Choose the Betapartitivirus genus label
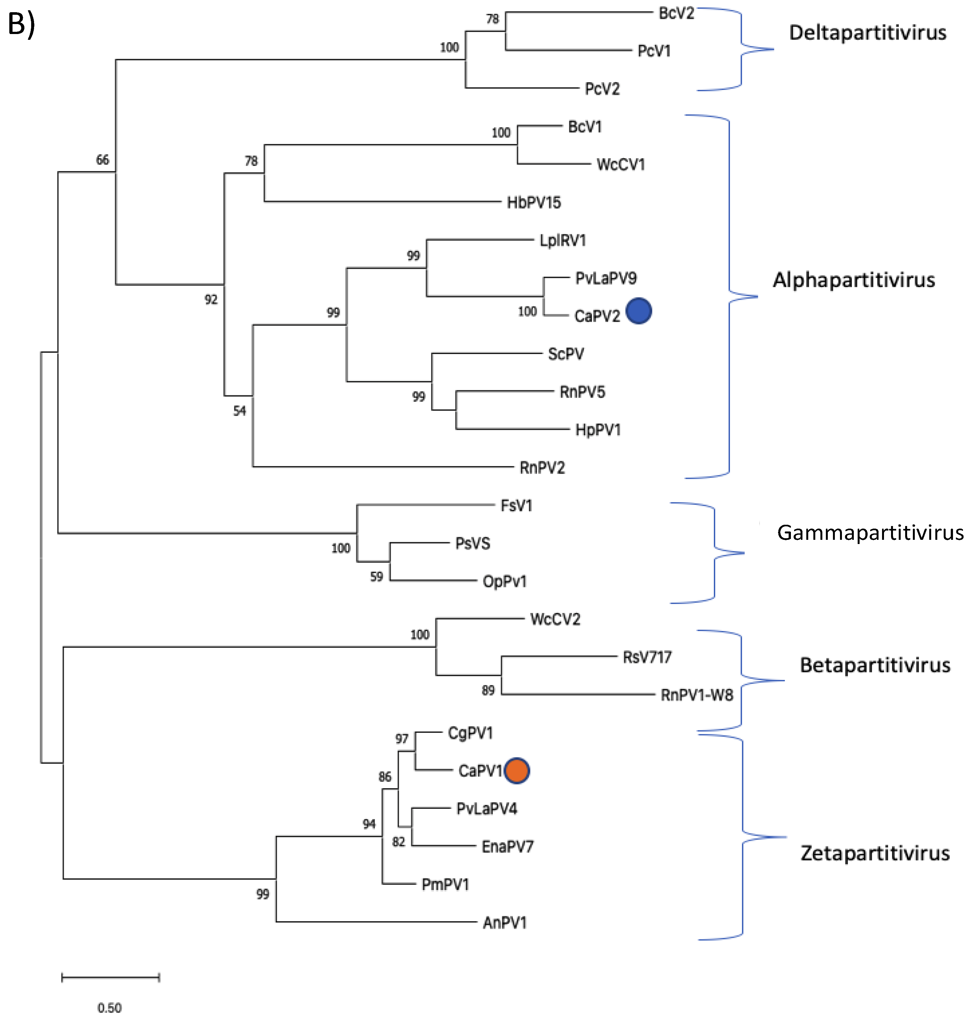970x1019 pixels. [x=875, y=665]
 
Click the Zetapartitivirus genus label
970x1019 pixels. [x=875, y=853]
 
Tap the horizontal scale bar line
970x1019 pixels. [x=110, y=977]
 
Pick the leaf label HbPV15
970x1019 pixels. [x=533, y=202]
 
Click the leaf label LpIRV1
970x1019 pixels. [x=563, y=240]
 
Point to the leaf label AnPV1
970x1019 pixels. [x=505, y=923]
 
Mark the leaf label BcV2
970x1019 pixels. [x=676, y=13]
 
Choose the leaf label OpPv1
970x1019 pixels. [x=505, y=582]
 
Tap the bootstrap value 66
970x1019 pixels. [x=102, y=160]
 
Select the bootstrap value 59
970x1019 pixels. [x=377, y=576]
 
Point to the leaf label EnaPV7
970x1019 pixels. [x=507, y=847]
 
